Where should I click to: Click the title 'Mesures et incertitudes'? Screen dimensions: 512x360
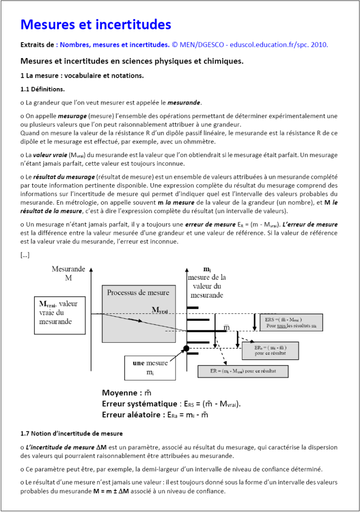pos(95,25)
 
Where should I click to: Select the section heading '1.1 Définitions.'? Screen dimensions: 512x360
pos(42,89)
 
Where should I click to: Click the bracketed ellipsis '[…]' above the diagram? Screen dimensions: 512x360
pos(25,255)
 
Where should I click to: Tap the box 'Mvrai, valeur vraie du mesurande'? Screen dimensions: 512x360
pos(58,312)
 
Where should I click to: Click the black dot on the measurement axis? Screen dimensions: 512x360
pos(186,348)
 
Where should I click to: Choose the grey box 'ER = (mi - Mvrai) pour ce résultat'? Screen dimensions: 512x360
pos(243,371)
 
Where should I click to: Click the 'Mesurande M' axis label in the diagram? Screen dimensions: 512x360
pos(68,273)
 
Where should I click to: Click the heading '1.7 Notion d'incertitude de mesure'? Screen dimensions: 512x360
pos(71,433)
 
